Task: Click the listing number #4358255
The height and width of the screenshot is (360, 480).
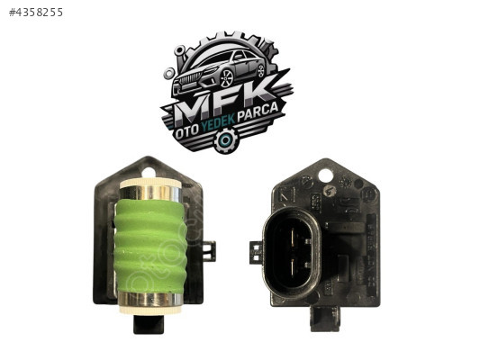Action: (x=36, y=13)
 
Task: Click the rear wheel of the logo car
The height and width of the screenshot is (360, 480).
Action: (x=261, y=69)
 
